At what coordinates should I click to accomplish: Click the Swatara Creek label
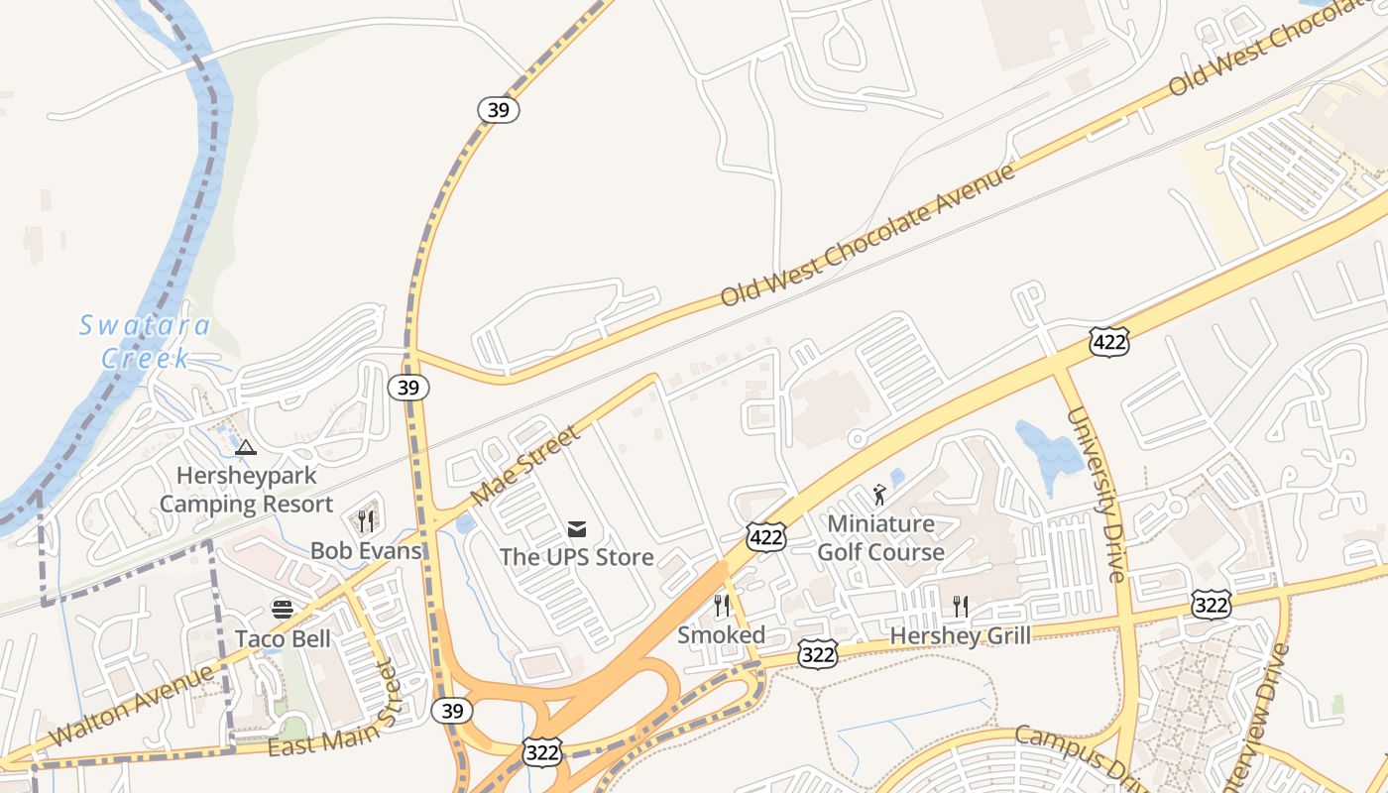pyautogui.click(x=145, y=341)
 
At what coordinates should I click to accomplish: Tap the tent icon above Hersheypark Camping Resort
pyautogui.click(x=246, y=447)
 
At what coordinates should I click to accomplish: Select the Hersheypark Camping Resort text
pyautogui.click(x=247, y=490)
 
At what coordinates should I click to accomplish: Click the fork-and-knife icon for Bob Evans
pyautogui.click(x=366, y=521)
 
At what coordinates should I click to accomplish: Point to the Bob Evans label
pyautogui.click(x=366, y=550)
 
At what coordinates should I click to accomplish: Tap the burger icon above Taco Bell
pyautogui.click(x=283, y=609)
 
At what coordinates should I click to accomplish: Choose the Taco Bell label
pyautogui.click(x=283, y=638)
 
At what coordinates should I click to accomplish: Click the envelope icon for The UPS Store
pyautogui.click(x=577, y=528)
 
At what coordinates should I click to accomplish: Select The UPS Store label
pyautogui.click(x=576, y=557)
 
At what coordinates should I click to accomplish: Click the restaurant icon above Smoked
pyautogui.click(x=722, y=606)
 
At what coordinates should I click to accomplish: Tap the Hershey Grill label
pyautogui.click(x=960, y=635)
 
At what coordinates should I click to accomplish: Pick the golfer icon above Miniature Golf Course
pyautogui.click(x=879, y=494)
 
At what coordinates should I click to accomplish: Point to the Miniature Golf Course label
pyautogui.click(x=880, y=537)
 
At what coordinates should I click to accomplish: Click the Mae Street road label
pyautogui.click(x=524, y=465)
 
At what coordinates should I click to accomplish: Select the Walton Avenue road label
pyautogui.click(x=130, y=706)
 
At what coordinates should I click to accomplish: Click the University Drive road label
pyautogui.click(x=1098, y=492)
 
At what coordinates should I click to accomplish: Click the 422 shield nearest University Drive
pyautogui.click(x=1107, y=342)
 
